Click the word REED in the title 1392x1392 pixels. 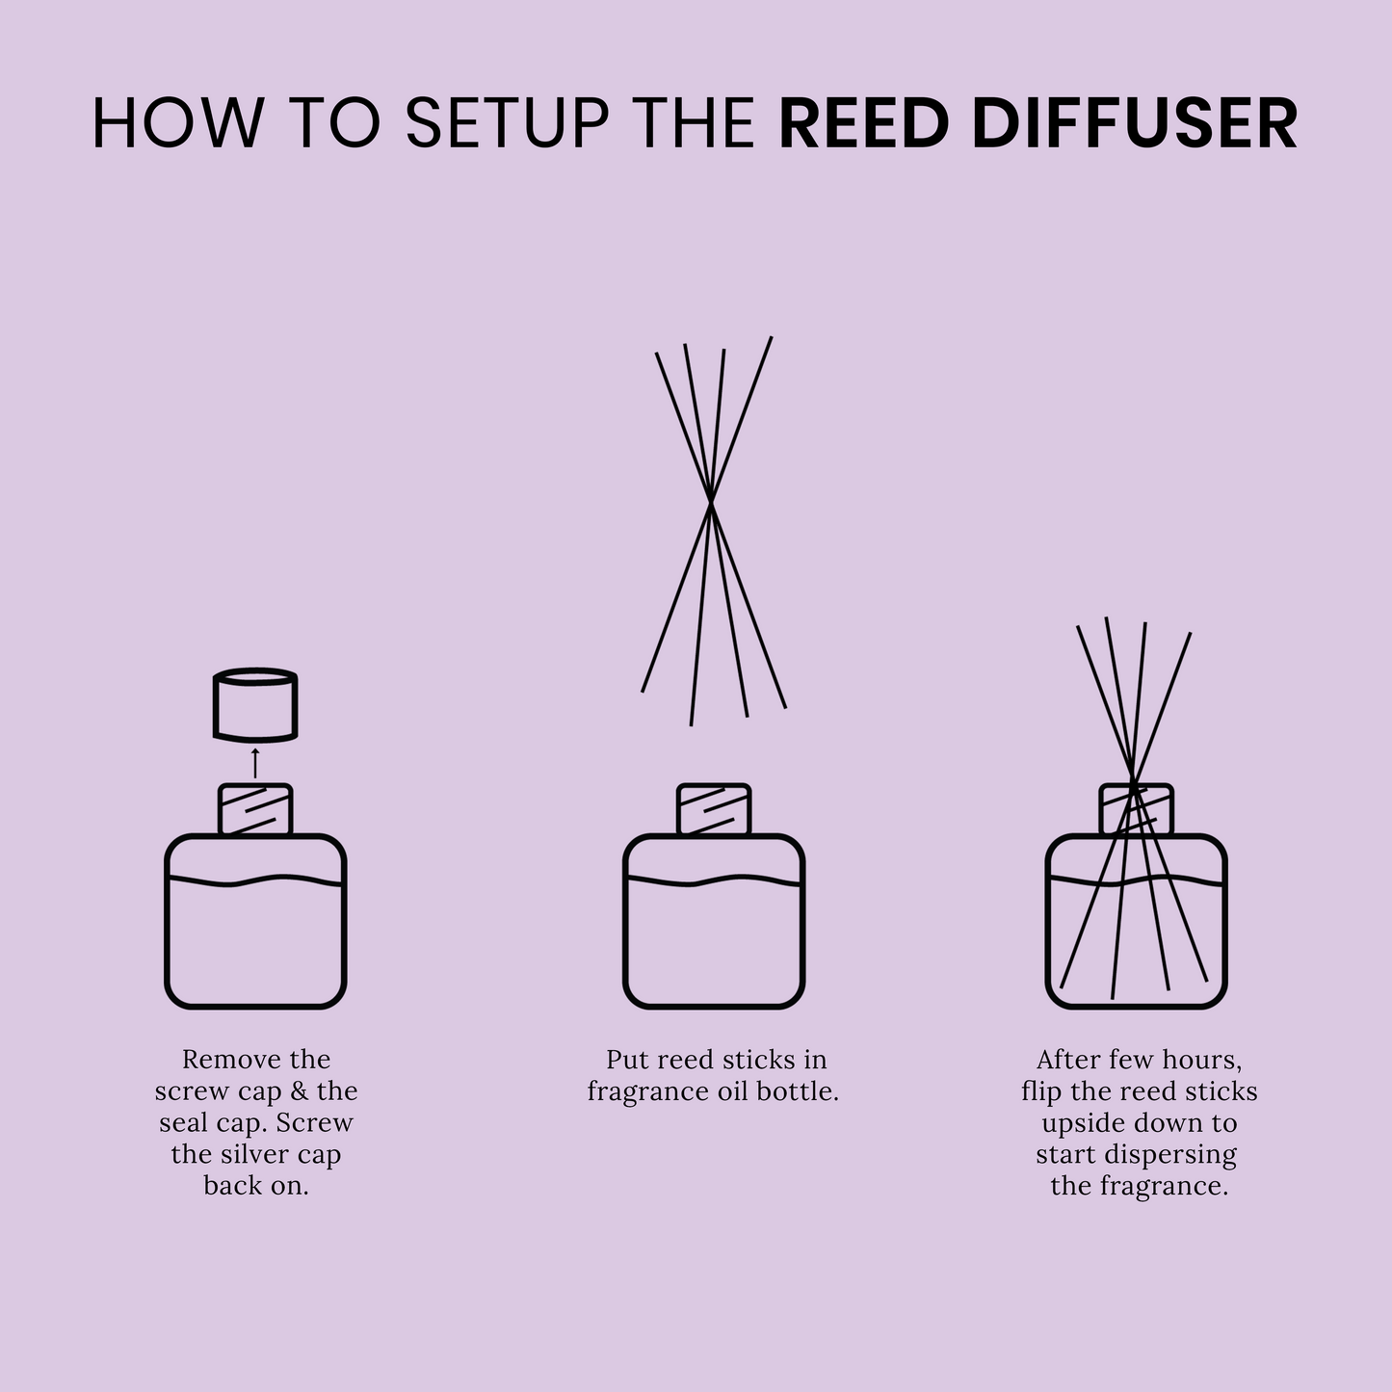pyautogui.click(x=864, y=123)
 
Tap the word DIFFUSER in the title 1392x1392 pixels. pyautogui.click(x=1135, y=123)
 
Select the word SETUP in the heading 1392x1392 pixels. pyautogui.click(x=506, y=123)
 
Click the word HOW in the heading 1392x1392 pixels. pyautogui.click(x=177, y=123)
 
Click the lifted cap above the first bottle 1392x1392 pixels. pyautogui.click(x=254, y=704)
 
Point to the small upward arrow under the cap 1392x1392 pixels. pyautogui.click(x=254, y=761)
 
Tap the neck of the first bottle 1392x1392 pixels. pyautogui.click(x=254, y=809)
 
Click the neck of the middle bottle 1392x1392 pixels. pyautogui.click(x=713, y=809)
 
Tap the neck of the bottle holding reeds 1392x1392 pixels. pyautogui.click(x=1137, y=809)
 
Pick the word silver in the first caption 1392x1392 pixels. pyautogui.click(x=255, y=1154)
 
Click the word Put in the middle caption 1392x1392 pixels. pyautogui.click(x=627, y=1060)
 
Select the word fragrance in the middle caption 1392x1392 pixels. pyautogui.click(x=648, y=1092)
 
